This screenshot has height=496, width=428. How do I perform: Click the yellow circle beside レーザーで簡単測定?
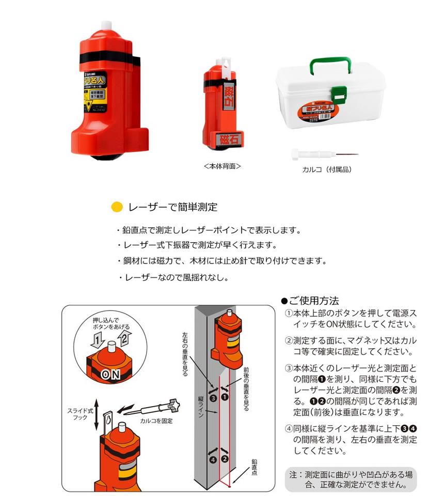click(x=117, y=207)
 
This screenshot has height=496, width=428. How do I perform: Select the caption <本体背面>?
click(x=222, y=166)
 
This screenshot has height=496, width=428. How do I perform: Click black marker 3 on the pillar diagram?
click(x=213, y=397)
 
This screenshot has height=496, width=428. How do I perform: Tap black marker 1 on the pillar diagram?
click(x=225, y=397)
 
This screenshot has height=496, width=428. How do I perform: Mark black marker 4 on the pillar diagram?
click(x=213, y=458)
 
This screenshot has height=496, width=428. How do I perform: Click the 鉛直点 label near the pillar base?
click(x=255, y=464)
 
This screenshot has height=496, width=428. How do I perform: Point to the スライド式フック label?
click(x=79, y=413)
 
